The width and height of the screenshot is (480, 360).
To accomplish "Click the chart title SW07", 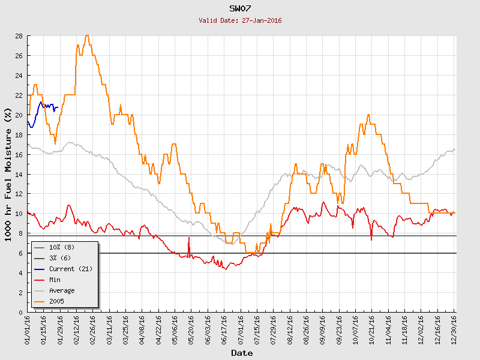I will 240,8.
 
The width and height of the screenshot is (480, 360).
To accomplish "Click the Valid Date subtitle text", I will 240,20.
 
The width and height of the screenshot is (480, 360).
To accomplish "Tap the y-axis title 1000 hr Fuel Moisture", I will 8,174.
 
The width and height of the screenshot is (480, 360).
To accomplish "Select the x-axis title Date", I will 242,353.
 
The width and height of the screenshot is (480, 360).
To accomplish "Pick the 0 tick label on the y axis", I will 20,312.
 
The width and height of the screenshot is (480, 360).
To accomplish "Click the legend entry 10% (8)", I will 62,247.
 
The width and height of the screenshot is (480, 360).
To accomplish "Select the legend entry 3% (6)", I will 60,258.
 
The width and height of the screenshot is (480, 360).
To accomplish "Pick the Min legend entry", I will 55,280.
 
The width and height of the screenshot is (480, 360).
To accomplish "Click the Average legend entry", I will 62,290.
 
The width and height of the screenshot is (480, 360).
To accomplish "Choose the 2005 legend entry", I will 57,301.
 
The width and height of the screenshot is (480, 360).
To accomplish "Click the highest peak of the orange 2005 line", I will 88,36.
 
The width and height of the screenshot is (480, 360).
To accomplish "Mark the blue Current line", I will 41,103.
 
